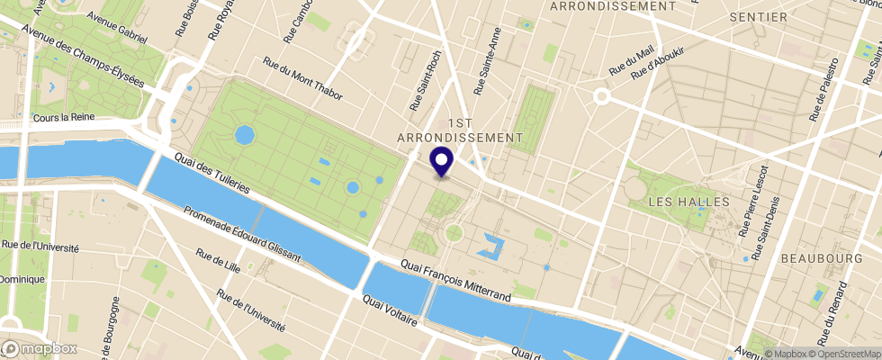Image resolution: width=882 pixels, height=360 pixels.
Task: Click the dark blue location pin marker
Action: tap(442, 161)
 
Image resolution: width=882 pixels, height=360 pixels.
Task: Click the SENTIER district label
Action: tap(759, 17)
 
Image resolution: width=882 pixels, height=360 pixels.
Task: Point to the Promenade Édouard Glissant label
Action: tap(241, 237)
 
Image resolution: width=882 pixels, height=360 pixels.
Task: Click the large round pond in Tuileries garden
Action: tap(243, 136)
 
